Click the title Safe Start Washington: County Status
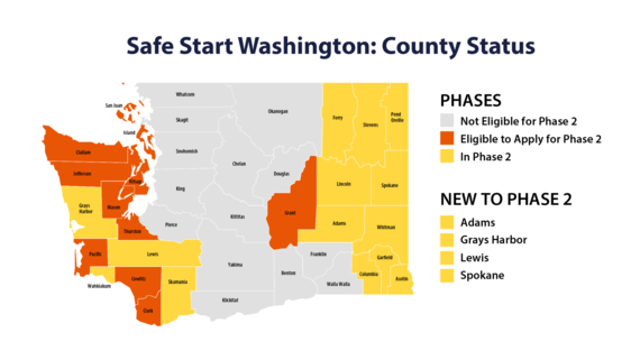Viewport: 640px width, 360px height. [x=320, y=47]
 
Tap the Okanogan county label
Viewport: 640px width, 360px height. [x=280, y=111]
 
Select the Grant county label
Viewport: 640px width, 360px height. [x=289, y=211]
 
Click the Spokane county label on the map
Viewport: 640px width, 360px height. [x=389, y=186]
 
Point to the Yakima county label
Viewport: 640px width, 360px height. [x=234, y=265]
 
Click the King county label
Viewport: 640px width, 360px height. [x=180, y=188]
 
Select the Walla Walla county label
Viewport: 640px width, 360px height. [x=339, y=284]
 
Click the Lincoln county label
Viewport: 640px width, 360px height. [x=344, y=185]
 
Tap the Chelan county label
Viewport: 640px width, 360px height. [x=238, y=163]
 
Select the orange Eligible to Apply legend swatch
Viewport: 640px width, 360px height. [x=449, y=140]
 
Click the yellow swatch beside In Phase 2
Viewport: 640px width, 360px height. [x=449, y=157]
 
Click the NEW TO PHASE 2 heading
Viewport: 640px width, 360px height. [x=503, y=197]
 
